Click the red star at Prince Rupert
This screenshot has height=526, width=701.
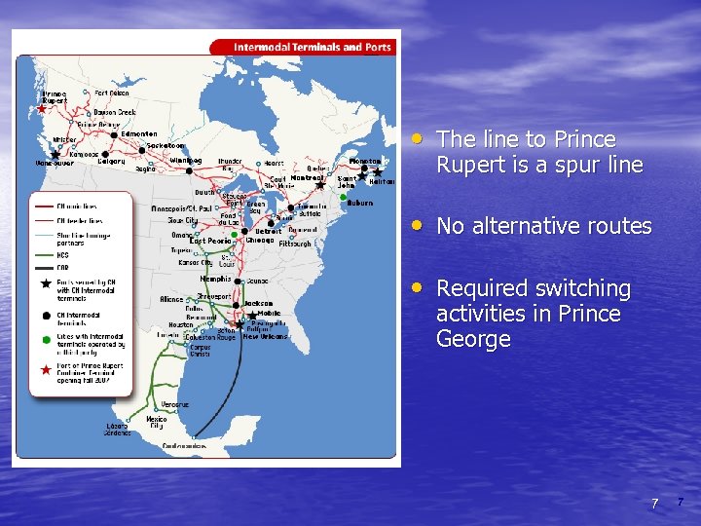click(x=41, y=109)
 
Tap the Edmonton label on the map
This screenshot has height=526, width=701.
click(x=139, y=134)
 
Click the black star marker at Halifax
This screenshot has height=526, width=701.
click(x=378, y=171)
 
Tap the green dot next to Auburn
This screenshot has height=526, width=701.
click(x=344, y=197)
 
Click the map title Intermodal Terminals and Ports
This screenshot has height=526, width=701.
click(x=312, y=47)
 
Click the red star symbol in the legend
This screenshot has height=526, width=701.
click(x=45, y=369)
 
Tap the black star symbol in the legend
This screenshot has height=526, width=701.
click(x=45, y=283)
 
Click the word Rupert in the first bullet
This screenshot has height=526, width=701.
click(x=471, y=166)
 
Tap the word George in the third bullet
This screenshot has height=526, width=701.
click(x=473, y=339)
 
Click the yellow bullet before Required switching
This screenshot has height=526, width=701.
click(x=417, y=288)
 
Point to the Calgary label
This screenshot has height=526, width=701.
click(x=111, y=162)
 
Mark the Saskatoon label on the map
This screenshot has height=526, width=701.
click(x=166, y=146)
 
